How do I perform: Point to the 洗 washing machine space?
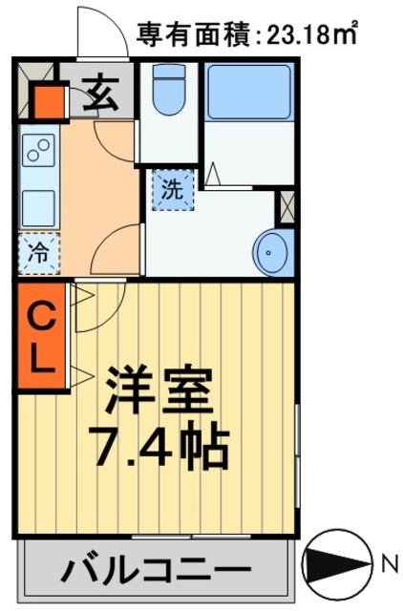[171, 188]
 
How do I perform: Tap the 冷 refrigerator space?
[38, 255]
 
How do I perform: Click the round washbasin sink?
[271, 253]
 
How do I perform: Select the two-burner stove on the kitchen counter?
[39, 152]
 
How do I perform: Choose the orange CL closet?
[39, 336]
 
